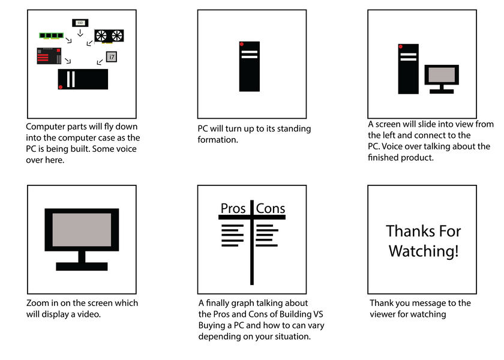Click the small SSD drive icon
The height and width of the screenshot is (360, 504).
80,23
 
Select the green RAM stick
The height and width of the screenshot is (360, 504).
51,35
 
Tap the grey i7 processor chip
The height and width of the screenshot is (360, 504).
111,57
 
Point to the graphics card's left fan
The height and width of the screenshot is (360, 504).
101,35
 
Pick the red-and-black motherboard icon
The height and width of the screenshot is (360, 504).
49,56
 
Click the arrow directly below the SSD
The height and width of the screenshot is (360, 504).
80,33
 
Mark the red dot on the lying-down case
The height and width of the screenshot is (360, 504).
61,87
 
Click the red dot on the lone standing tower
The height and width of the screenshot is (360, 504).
242,44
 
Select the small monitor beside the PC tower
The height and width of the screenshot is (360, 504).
442,79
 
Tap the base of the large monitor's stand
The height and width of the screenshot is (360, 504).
82,266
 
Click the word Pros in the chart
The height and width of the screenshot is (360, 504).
233,208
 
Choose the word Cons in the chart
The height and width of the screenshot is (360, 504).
271,208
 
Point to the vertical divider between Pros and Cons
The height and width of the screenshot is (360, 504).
252,242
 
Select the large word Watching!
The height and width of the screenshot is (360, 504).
424,251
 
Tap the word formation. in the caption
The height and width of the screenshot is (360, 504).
218,140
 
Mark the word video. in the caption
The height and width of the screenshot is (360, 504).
89,314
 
